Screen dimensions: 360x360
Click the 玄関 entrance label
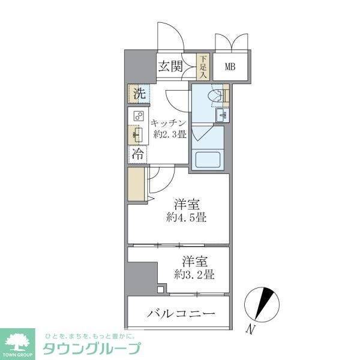pyautogui.click(x=170, y=67)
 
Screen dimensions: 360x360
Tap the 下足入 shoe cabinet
pyautogui.click(x=203, y=67)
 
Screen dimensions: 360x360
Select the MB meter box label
pyautogui.click(x=230, y=67)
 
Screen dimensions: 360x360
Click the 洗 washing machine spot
pyautogui.click(x=139, y=94)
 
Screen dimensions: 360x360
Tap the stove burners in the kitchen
pyautogui.click(x=138, y=116)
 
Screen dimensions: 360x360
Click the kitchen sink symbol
pyautogui.click(x=137, y=135)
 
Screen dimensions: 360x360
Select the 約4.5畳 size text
pyautogui.click(x=186, y=217)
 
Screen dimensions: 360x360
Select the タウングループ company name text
pyautogui.click(x=91, y=348)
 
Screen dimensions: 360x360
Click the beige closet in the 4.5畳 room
pyautogui.click(x=136, y=186)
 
